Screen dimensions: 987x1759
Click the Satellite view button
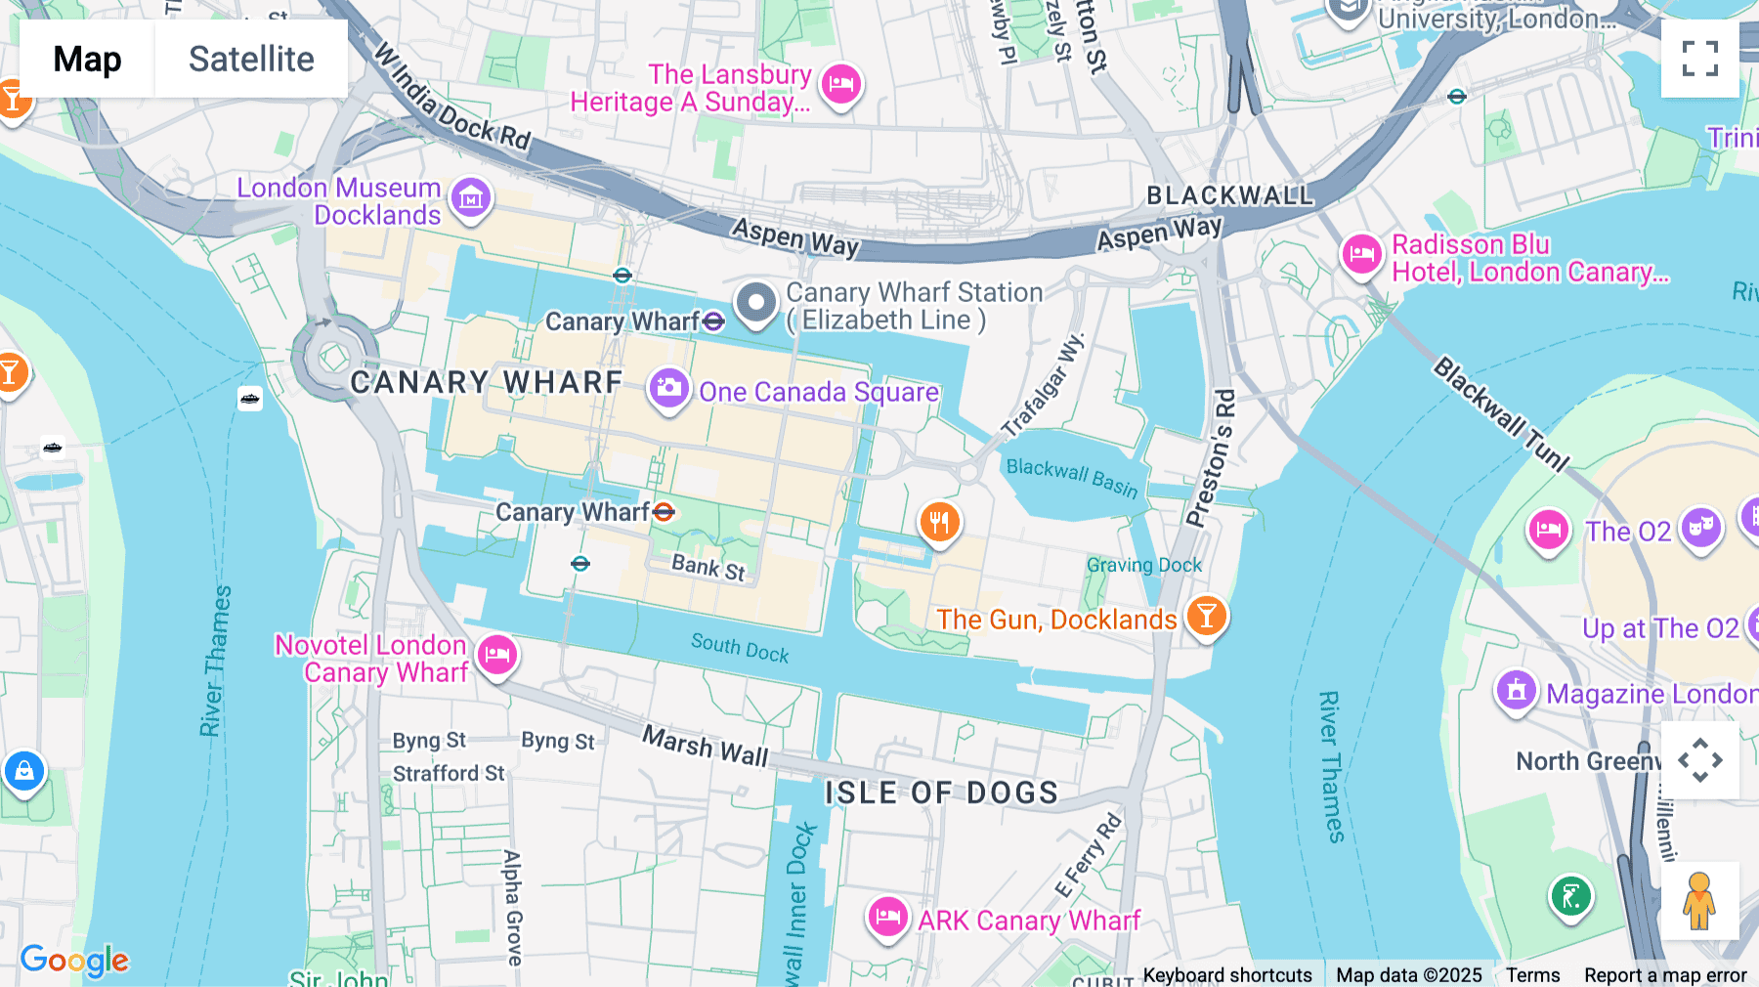tap(251, 59)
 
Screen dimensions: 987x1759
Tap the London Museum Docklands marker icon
tap(471, 199)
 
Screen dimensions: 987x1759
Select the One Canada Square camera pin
tap(669, 389)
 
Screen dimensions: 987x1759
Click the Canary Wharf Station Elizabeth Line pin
tap(755, 302)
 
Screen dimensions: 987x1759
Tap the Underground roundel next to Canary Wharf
tap(664, 511)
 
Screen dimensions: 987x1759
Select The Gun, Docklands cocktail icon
tap(1206, 617)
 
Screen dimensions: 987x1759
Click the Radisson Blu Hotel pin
tap(1361, 256)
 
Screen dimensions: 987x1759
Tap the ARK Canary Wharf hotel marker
tap(887, 918)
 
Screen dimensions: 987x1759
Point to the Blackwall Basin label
tap(1072, 477)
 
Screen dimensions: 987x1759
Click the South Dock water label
tap(740, 647)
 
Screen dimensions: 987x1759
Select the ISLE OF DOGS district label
tap(941, 793)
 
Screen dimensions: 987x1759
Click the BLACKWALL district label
tap(1229, 195)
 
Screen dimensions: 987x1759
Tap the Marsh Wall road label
tap(705, 747)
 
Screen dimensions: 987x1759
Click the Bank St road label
tap(708, 566)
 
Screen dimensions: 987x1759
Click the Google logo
tap(74, 960)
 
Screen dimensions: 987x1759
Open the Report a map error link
tap(1665, 974)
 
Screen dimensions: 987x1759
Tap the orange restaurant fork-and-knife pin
tap(939, 523)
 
